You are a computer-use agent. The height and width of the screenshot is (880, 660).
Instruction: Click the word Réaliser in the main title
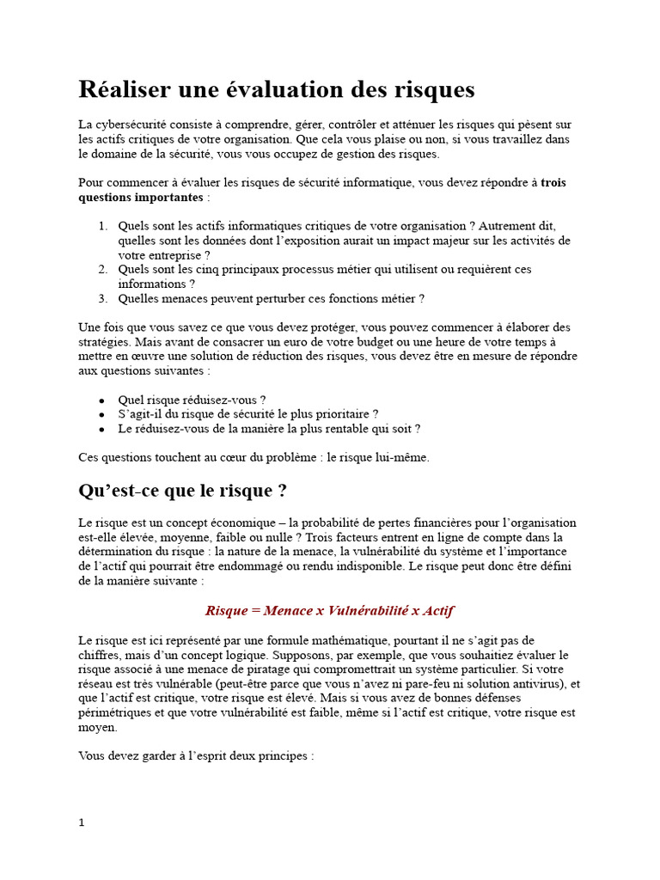pyautogui.click(x=122, y=89)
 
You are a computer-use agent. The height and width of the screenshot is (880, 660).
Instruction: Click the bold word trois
pyautogui.click(x=553, y=182)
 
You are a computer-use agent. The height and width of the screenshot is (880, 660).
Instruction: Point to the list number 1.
pyautogui.click(x=101, y=226)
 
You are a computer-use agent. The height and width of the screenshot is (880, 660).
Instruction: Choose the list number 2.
pyautogui.click(x=101, y=269)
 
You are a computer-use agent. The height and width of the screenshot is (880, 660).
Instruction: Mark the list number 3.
pyautogui.click(x=101, y=298)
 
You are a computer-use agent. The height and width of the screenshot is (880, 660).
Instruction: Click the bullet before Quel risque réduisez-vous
pyautogui.click(x=101, y=400)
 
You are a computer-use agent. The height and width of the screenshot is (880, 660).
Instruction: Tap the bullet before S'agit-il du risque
pyautogui.click(x=101, y=414)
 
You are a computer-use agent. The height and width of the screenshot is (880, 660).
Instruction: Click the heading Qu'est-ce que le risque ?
pyautogui.click(x=182, y=491)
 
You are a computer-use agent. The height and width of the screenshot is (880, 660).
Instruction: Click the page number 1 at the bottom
pyautogui.click(x=82, y=822)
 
